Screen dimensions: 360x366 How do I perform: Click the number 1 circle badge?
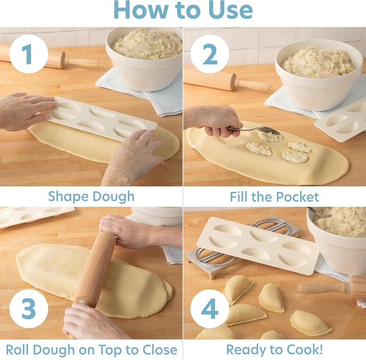point(28,54)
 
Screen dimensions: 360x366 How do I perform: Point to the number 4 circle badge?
point(210,310)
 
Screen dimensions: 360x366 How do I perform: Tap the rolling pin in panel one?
point(50,58)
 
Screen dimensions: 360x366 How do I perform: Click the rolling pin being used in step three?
point(94,270)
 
